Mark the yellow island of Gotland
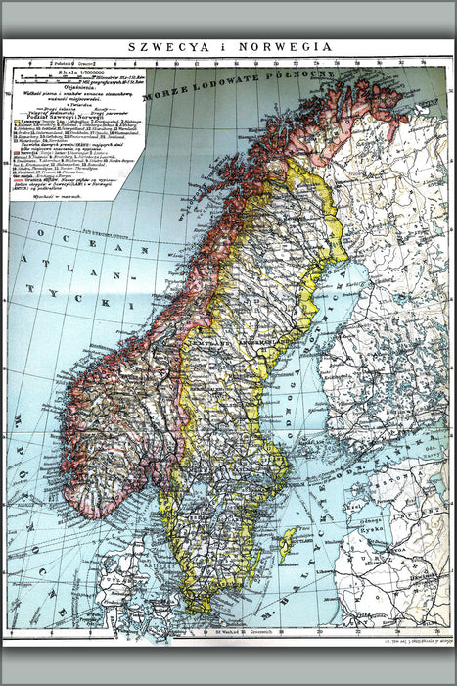[288, 542]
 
